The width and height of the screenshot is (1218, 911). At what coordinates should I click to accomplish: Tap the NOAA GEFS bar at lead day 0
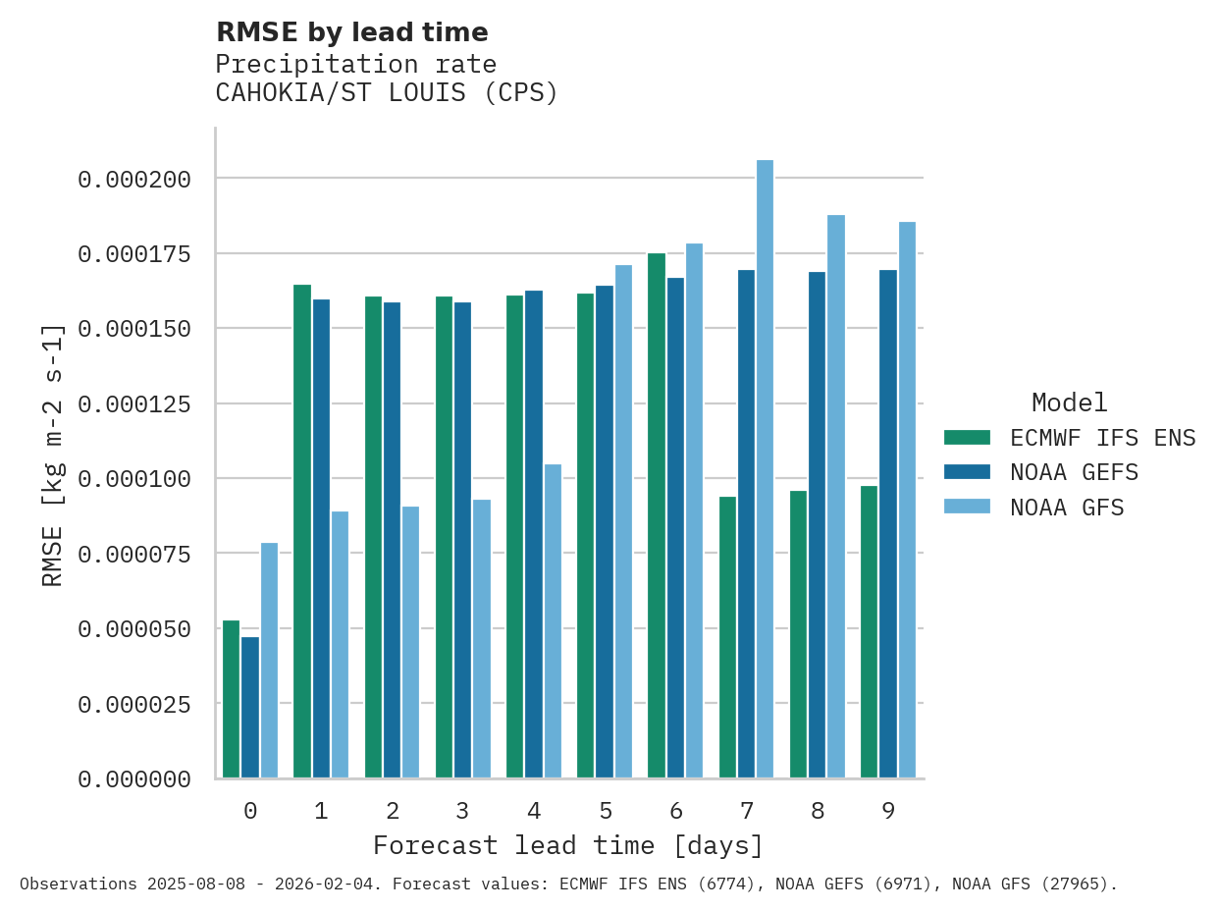pos(250,708)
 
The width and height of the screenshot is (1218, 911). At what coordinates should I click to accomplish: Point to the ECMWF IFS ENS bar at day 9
pos(870,632)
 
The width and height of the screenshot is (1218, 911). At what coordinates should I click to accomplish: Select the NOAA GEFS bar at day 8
pos(817,525)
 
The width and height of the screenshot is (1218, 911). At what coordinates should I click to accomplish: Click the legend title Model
pos(1069,402)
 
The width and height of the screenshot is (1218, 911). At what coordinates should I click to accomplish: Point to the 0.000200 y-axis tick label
pos(134,179)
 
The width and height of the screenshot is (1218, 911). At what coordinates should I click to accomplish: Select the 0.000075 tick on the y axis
pos(134,555)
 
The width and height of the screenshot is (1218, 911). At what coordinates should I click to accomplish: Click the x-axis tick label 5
pos(606,811)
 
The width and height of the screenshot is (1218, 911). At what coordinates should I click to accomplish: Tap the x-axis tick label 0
pos(250,811)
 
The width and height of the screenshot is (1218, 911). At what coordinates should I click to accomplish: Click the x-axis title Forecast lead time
pos(567,845)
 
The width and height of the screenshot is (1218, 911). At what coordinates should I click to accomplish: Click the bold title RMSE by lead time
pos(351,32)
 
